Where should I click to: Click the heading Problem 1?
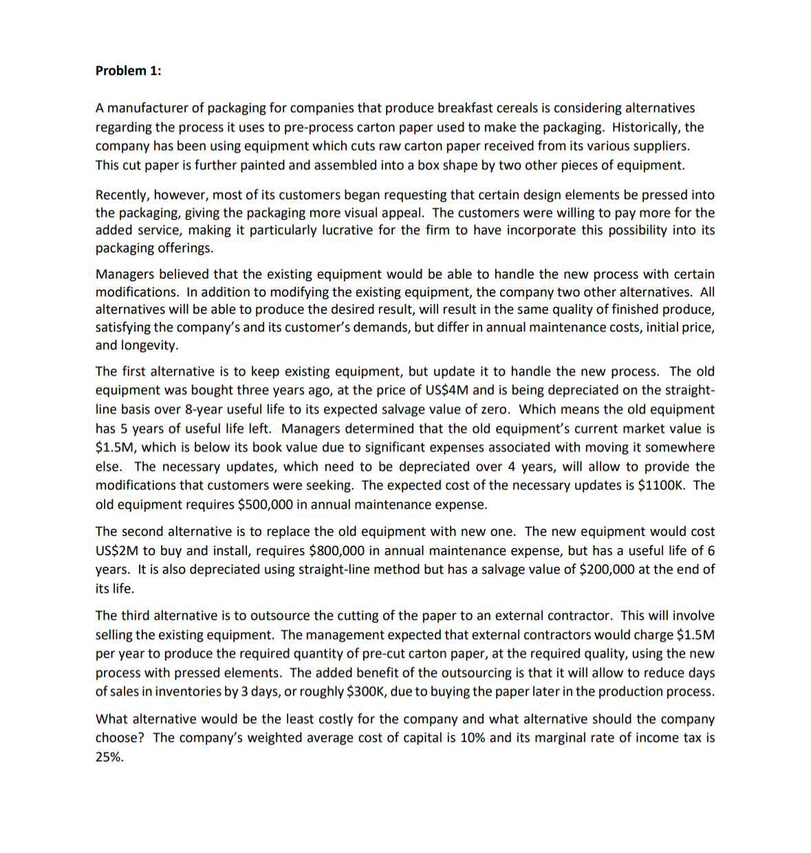click(x=128, y=71)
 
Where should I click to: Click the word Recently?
click(x=122, y=195)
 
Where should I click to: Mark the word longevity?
click(x=149, y=345)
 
